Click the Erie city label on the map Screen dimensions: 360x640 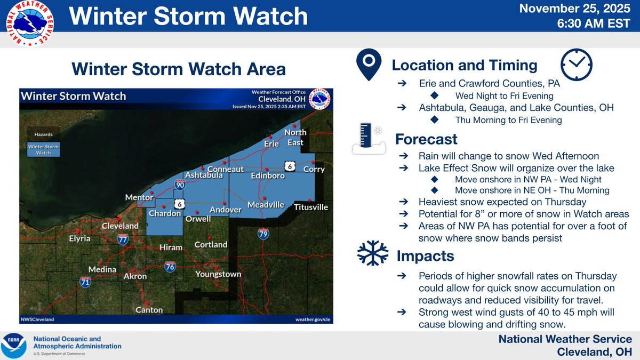click(x=272, y=143)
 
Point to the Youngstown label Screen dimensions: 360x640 click(x=218, y=274)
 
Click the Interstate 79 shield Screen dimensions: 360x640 click(x=263, y=233)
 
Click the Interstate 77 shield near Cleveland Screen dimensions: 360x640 click(x=123, y=239)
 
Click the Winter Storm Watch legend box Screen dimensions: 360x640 click(x=44, y=149)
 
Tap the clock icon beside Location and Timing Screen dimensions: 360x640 click(x=577, y=65)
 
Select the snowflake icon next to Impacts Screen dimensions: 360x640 click(x=372, y=253)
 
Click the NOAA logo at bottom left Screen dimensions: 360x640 click(x=14, y=346)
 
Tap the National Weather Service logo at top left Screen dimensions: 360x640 click(x=29, y=23)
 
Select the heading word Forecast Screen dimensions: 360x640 click(x=426, y=139)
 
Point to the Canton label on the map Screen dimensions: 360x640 click(x=149, y=310)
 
